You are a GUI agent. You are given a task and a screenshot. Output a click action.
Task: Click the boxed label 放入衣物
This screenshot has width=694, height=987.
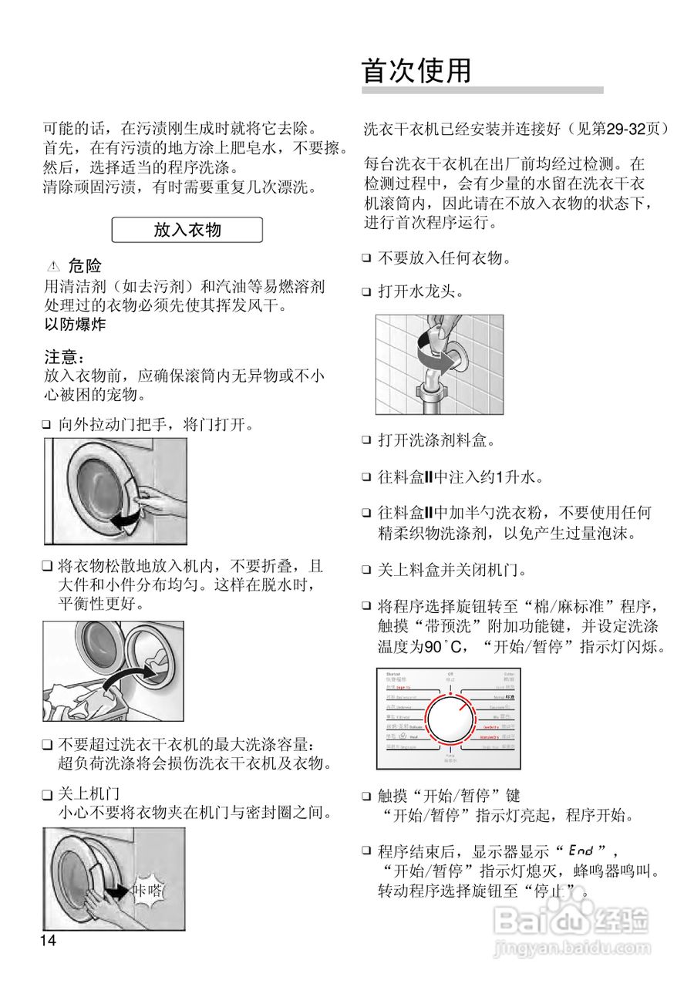tap(187, 230)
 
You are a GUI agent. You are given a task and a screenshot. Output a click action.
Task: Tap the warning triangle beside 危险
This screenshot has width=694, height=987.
tap(53, 267)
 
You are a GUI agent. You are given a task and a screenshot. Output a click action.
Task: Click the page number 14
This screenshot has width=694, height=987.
tap(49, 941)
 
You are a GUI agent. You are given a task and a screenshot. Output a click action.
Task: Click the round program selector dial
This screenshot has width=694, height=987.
tap(448, 720)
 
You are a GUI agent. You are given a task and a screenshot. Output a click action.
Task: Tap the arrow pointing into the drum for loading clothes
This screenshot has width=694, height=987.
tap(122, 679)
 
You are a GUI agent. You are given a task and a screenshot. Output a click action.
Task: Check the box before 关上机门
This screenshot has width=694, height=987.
tap(47, 793)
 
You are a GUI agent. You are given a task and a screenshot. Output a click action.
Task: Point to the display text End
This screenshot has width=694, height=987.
tap(580, 851)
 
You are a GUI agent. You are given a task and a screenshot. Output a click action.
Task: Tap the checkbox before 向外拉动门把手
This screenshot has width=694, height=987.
tap(47, 424)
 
